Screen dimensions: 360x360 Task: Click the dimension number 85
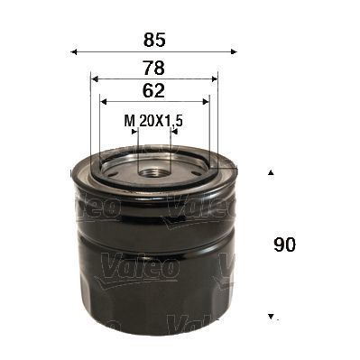[x=153, y=39]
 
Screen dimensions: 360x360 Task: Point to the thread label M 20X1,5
[x=153, y=119]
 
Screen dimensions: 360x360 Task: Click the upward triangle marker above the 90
[x=271, y=171]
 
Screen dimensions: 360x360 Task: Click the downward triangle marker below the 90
[x=271, y=317]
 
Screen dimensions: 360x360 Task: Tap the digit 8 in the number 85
[x=147, y=39]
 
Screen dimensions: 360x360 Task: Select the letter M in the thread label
[x=126, y=119]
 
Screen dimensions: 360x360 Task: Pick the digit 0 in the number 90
[x=290, y=245]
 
